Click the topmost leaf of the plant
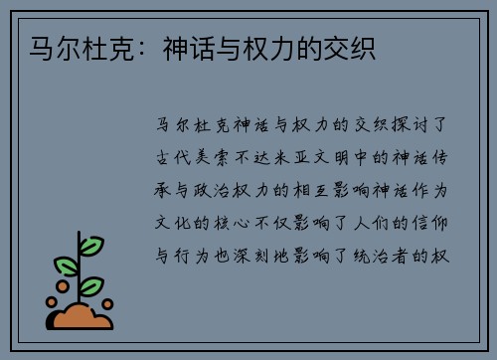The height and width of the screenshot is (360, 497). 91,244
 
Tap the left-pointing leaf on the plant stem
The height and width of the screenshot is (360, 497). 67,266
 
